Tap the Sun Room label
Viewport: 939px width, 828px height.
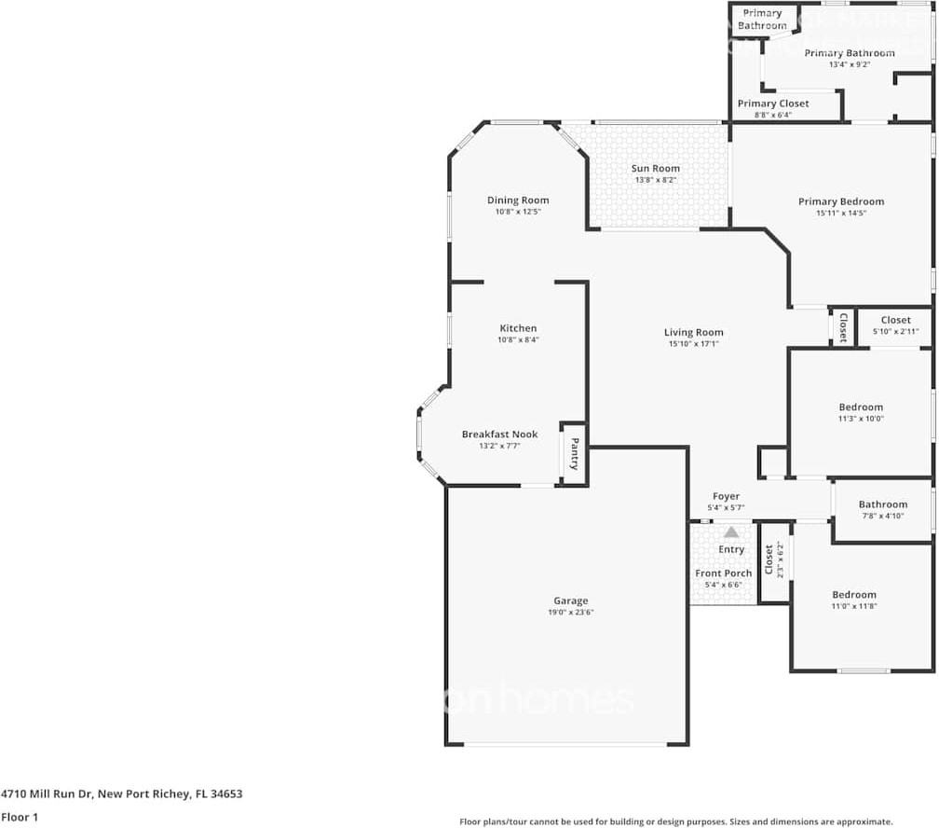tap(656, 169)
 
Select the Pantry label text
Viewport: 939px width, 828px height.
tap(575, 453)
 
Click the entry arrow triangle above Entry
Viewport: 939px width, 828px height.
tap(731, 532)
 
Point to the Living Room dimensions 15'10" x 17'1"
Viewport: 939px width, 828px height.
tap(693, 344)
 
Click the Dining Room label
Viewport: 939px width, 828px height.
tap(518, 200)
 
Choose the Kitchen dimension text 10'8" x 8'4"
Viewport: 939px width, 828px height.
tap(518, 340)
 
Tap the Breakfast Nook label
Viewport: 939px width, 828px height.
tap(499, 435)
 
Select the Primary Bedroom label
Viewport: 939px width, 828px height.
tap(840, 201)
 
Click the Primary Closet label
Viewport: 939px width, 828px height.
tap(773, 103)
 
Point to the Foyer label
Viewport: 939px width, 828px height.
tap(726, 497)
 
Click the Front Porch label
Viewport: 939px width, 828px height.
tap(723, 573)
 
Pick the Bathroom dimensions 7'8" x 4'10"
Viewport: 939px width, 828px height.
tap(882, 516)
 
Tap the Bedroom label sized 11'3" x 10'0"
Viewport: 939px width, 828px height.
tap(861, 407)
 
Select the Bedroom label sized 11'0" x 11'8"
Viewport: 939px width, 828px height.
tap(854, 595)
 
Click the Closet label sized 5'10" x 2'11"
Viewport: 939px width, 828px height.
tap(895, 321)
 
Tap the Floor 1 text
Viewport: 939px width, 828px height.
tap(20, 817)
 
